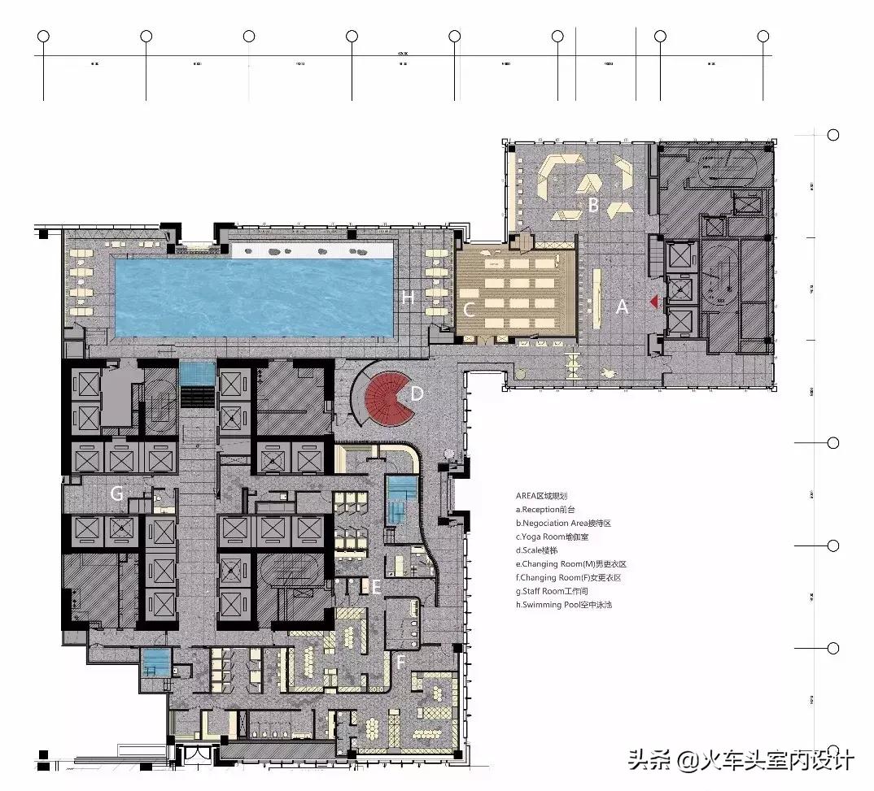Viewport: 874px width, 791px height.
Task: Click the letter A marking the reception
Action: tap(623, 307)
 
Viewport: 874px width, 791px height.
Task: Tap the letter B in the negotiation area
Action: tap(593, 206)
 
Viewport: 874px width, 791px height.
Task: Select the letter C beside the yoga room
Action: tap(469, 310)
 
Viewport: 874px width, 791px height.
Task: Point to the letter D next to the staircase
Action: tap(417, 393)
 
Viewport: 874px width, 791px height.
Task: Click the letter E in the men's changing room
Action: tap(377, 585)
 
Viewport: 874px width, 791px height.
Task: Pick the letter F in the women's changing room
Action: tap(400, 663)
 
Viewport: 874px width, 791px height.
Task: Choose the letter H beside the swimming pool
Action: tap(408, 298)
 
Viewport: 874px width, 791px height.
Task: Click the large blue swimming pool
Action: tap(254, 297)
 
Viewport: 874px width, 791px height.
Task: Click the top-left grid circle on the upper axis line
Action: tap(44, 36)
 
